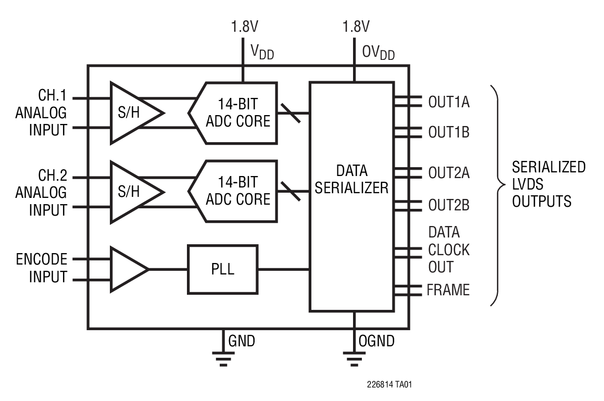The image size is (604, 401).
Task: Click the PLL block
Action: (222, 269)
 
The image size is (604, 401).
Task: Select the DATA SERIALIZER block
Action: (352, 196)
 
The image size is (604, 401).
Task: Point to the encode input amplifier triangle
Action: (126, 269)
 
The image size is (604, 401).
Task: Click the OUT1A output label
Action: (448, 102)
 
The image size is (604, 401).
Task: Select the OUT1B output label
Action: (448, 132)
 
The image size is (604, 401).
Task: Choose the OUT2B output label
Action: (448, 205)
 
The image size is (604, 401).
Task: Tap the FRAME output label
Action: (448, 290)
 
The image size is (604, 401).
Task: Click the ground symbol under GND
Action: (223, 358)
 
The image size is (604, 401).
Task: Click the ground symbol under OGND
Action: (354, 358)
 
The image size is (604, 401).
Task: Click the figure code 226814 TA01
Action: (389, 385)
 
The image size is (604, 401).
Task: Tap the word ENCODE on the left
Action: (41, 259)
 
